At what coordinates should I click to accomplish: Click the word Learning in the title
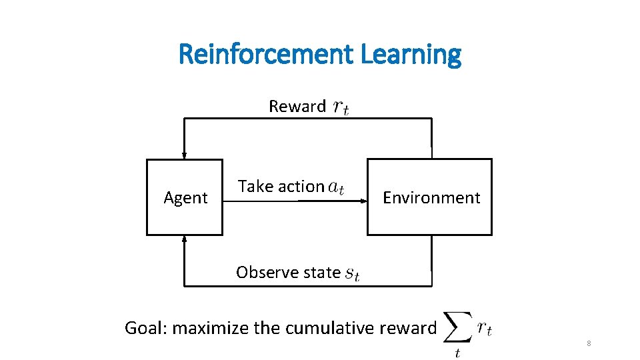[x=410, y=54]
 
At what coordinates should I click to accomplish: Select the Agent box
[x=185, y=197]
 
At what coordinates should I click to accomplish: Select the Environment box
[x=430, y=197]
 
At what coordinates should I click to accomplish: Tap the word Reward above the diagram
[x=297, y=106]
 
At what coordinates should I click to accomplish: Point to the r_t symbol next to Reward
[x=340, y=107]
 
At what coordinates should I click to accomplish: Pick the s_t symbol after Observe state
[x=353, y=273]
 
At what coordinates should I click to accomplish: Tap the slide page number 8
[x=589, y=343]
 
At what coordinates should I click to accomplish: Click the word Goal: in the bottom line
[x=147, y=328]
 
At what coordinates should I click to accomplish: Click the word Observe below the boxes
[x=261, y=273]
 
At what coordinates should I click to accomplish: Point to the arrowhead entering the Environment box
[x=364, y=199]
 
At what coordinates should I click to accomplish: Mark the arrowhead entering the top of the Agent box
[x=185, y=155]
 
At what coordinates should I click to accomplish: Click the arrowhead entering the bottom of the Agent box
[x=185, y=239]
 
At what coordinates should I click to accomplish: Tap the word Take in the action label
[x=253, y=187]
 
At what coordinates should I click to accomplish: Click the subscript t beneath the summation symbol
[x=457, y=353]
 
